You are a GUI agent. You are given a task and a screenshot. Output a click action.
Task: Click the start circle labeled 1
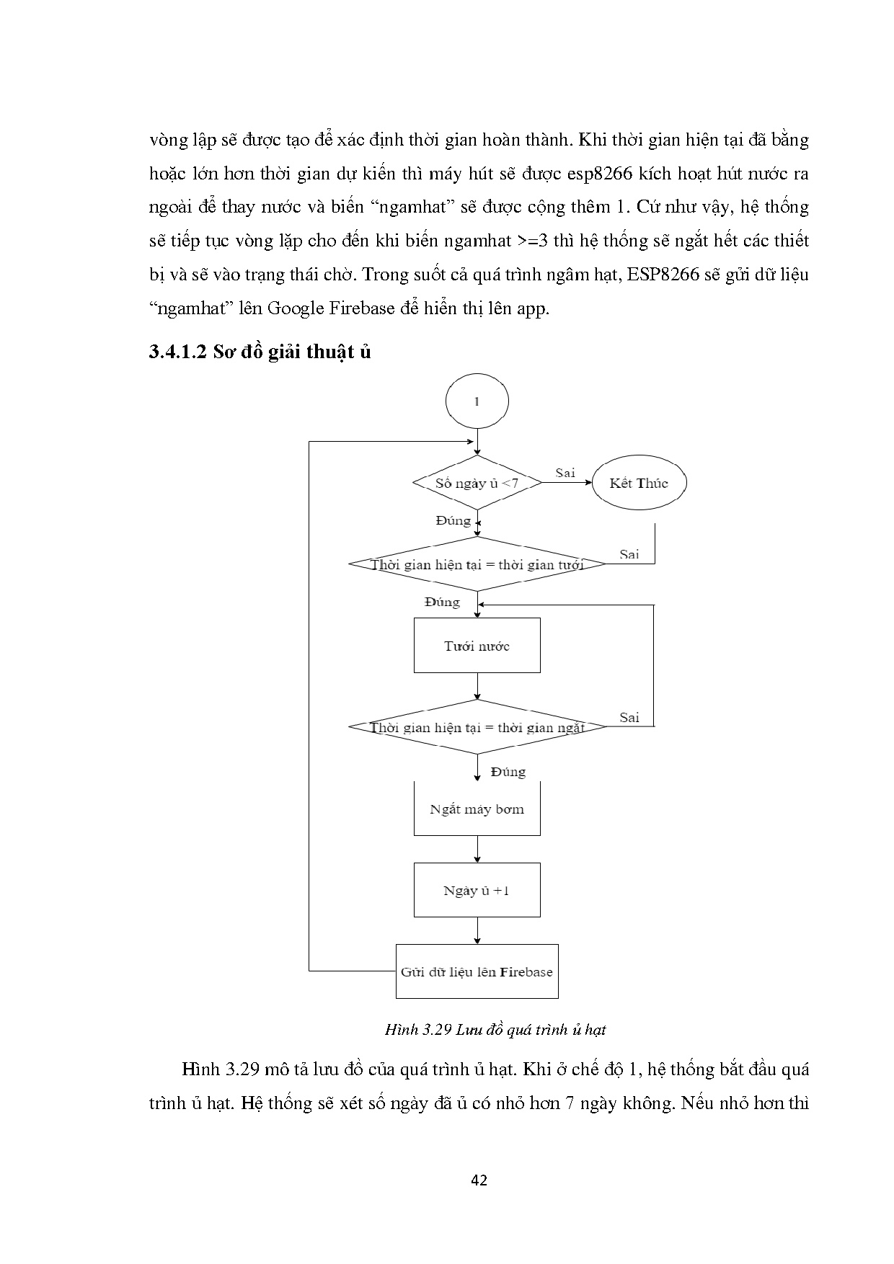477,401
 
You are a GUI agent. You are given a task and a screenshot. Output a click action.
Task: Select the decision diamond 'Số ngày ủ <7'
477,483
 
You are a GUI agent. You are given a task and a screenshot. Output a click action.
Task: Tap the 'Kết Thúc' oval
639,483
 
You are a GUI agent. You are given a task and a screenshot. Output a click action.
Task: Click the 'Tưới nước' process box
477,646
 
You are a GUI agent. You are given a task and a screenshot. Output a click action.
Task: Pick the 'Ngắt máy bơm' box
477,809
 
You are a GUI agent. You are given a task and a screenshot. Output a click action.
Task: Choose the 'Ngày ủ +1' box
477,890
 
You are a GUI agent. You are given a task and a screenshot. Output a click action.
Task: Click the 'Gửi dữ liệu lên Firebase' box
477,971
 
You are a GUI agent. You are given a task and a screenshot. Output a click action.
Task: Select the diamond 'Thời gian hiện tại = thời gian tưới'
477,564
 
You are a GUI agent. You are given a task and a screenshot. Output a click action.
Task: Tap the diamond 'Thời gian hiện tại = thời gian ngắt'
477,727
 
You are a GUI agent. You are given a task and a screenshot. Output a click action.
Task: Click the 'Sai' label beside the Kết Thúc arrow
565,473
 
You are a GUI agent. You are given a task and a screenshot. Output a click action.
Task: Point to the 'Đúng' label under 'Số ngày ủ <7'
453,520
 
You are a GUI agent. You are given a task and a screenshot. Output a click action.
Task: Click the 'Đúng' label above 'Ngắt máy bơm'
508,772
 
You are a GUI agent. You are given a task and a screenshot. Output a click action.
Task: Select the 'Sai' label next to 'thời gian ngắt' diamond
629,717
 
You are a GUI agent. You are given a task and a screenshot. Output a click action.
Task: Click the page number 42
479,1180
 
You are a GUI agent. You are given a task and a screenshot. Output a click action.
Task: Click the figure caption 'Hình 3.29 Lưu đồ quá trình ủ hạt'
495,1029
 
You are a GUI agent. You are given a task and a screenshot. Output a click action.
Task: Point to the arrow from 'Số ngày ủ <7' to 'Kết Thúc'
566,483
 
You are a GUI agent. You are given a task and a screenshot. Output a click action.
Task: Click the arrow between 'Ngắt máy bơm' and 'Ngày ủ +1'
477,850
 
